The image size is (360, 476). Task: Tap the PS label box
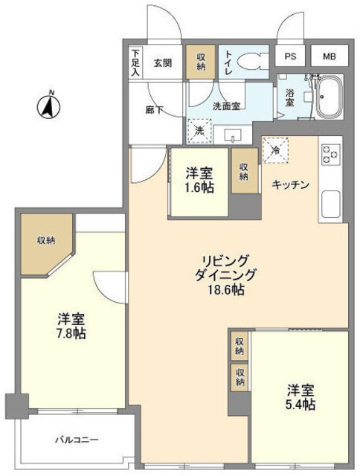289,57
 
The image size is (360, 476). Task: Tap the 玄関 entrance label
163,63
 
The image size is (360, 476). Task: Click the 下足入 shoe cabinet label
136,63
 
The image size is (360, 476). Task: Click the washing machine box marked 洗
199,130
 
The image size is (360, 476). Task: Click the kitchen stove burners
330,157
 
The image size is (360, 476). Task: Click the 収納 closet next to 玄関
202,64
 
